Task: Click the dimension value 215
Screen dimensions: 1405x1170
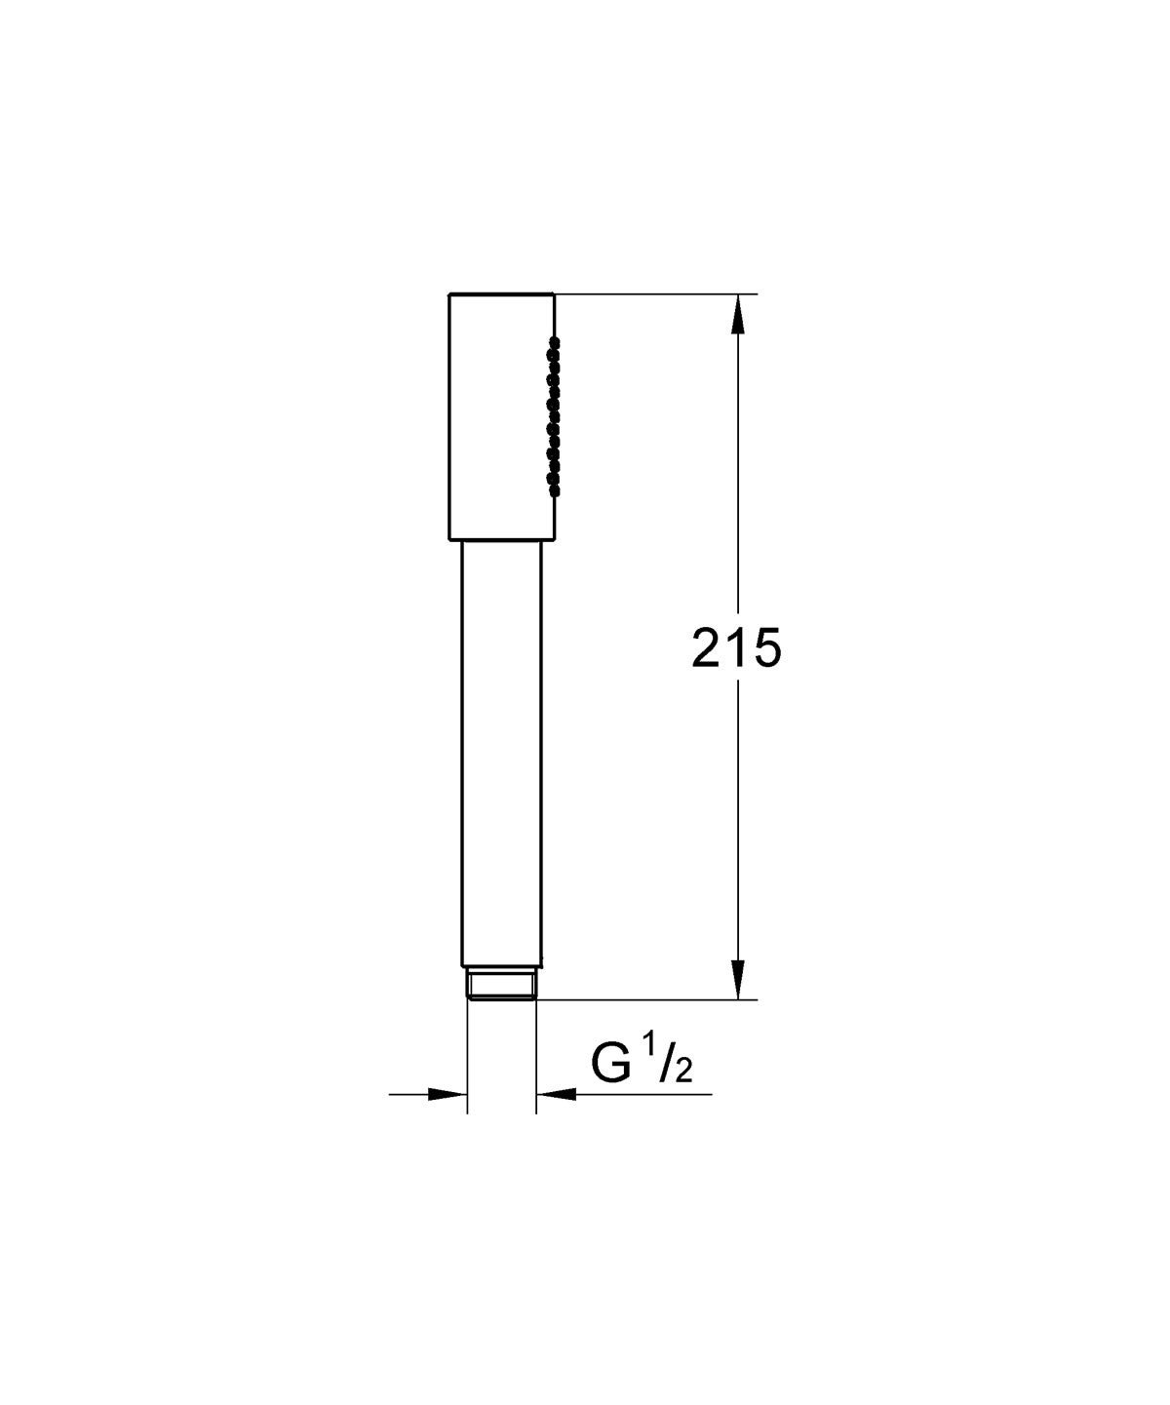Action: tap(736, 647)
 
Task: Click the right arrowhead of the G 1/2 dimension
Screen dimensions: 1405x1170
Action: tap(556, 1094)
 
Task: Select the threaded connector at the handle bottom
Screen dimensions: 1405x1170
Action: tap(501, 984)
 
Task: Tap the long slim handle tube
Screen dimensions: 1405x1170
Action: tap(501, 751)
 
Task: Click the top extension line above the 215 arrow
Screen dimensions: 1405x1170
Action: tap(653, 293)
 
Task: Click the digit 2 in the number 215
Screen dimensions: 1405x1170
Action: tap(708, 647)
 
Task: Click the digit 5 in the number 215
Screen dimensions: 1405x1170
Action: tap(765, 647)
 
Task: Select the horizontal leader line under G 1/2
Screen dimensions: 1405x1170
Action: tap(643, 1094)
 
